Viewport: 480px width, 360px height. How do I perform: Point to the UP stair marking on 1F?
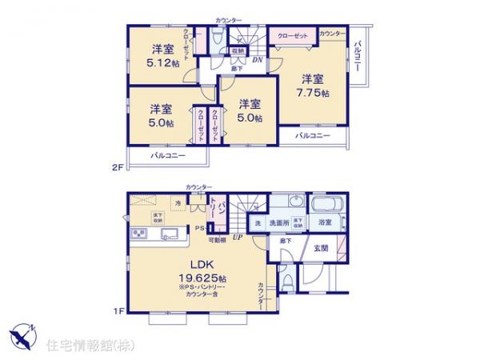click(x=238, y=238)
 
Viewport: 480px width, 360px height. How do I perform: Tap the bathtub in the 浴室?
click(x=326, y=204)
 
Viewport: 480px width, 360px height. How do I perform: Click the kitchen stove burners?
click(x=137, y=234)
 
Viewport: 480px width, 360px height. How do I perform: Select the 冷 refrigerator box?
click(x=178, y=203)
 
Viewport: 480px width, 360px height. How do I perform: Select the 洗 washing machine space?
click(x=256, y=224)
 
